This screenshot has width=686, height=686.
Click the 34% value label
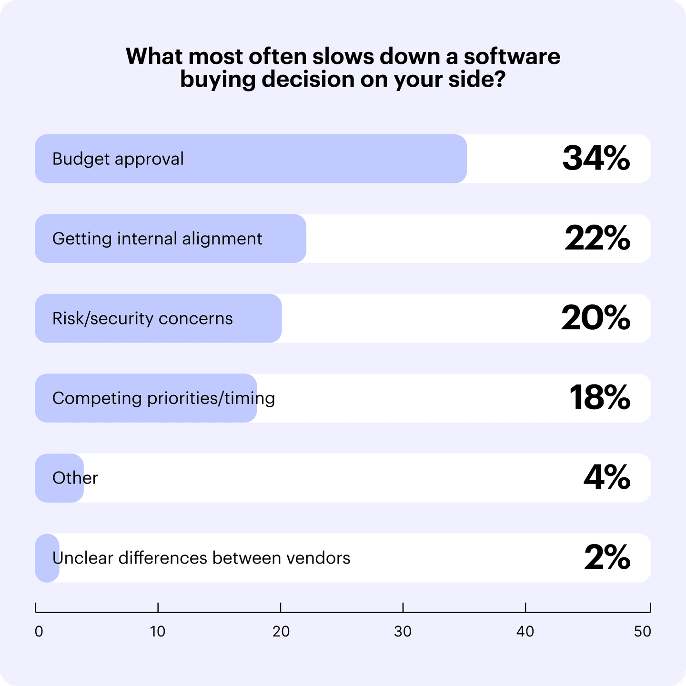coord(596,159)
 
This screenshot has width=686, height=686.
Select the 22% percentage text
coord(597,238)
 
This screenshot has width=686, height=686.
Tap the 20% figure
coord(595,318)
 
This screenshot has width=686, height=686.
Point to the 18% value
coord(600,398)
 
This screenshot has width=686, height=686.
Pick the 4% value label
coord(606,477)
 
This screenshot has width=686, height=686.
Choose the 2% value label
coord(607,557)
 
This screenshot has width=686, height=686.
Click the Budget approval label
coord(118,159)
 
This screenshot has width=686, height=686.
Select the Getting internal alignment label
coord(157,238)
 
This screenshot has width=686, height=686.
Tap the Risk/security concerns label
coord(142,318)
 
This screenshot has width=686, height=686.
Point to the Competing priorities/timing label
coord(163,398)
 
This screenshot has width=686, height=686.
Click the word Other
coord(75,478)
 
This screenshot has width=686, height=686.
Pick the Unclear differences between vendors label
coord(201,557)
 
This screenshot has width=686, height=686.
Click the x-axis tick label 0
coord(39,632)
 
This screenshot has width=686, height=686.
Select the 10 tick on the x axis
coord(158,632)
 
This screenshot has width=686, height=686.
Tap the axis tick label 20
coord(281,632)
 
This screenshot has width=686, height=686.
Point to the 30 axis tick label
coord(403,632)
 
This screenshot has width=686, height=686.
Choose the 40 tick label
coord(525,632)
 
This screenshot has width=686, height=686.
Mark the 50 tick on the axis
coord(643,632)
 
